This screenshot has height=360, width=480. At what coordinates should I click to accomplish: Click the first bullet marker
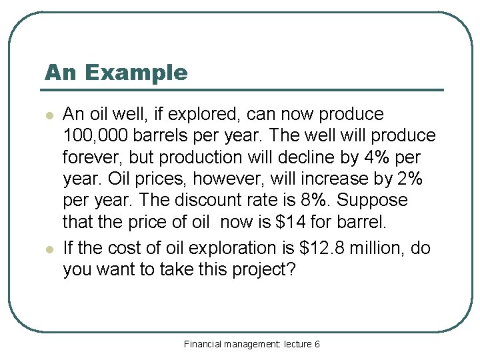click(49, 115)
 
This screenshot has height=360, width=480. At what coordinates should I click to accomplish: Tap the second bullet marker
click(49, 249)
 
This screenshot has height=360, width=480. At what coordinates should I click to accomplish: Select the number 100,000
click(98, 136)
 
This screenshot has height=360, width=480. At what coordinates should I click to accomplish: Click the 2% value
click(406, 179)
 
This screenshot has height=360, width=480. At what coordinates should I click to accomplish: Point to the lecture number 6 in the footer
click(317, 344)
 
